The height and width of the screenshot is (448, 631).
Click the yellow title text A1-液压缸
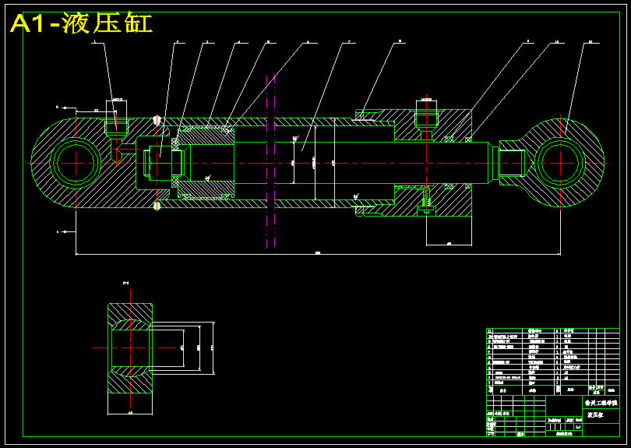pos(81,23)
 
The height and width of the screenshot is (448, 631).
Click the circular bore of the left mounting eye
pos(75,162)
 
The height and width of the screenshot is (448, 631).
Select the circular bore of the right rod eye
pos(559,161)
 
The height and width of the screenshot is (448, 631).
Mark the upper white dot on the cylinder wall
pos(157,120)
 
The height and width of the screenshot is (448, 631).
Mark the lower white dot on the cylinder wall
pos(157,206)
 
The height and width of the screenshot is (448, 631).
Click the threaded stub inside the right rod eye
pos(512,162)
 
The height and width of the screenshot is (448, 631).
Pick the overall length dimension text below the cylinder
pos(318,252)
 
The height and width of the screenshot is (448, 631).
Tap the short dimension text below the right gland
pos(449,244)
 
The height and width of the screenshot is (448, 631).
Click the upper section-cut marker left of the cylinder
pos(57,106)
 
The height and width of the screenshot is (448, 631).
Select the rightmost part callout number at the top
pos(590,41)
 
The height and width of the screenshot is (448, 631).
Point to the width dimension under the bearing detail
pos(129,412)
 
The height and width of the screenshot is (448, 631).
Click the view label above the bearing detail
pos(125,283)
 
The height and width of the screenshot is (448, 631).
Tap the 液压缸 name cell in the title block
pos(596,415)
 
